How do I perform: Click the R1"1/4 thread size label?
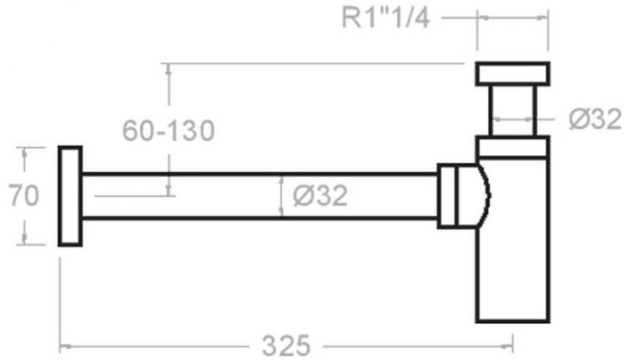click(386, 18)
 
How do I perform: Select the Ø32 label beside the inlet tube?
click(595, 120)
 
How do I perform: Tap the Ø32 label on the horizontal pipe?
click(320, 196)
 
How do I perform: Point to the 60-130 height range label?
click(169, 130)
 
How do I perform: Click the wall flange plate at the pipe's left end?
click(70, 196)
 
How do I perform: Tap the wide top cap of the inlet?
click(512, 74)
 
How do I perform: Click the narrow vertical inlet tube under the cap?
click(512, 111)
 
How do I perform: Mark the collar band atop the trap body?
click(512, 149)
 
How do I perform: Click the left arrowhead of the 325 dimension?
click(64, 345)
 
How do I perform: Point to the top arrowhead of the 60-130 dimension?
click(170, 67)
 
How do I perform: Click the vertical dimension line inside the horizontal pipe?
click(281, 196)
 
